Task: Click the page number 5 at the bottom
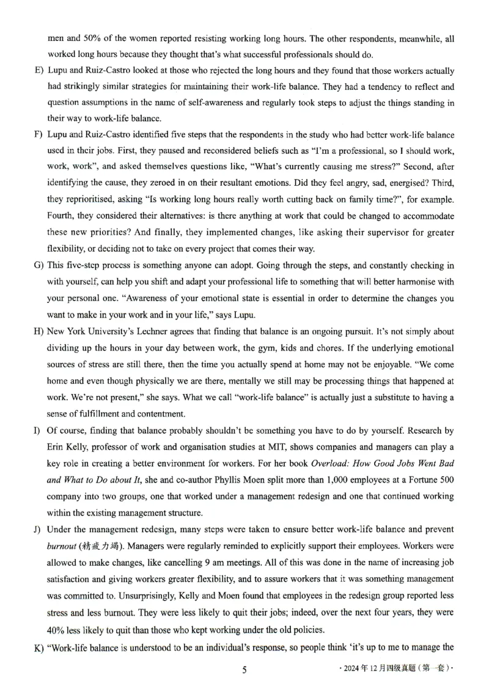pyautogui.click(x=244, y=670)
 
